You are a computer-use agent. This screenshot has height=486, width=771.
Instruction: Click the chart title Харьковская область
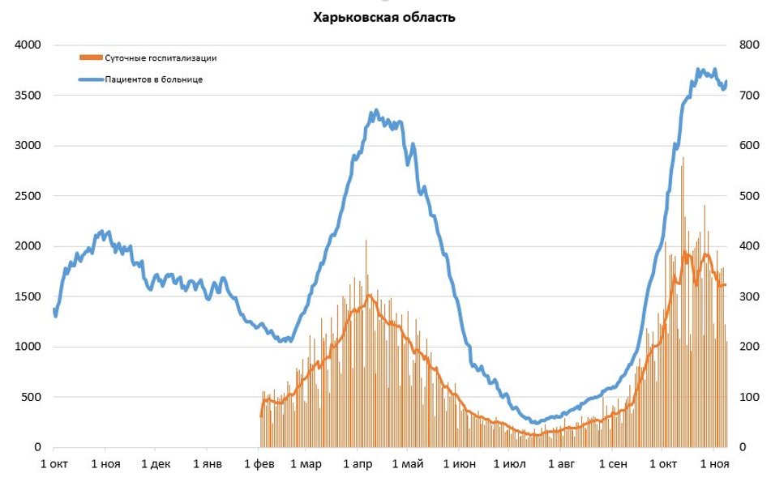pyautogui.click(x=384, y=17)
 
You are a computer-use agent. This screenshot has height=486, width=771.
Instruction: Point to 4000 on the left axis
pyautogui.click(x=28, y=45)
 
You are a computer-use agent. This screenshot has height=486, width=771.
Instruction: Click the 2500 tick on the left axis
pyautogui.click(x=28, y=196)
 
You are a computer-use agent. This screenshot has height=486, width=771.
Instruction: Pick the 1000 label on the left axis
pyautogui.click(x=28, y=347)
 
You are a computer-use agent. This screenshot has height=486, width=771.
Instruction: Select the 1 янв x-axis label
pyautogui.click(x=208, y=464)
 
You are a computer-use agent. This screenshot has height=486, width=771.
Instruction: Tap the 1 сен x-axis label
pyautogui.click(x=613, y=464)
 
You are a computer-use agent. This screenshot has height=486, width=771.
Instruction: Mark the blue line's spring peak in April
pyautogui.click(x=375, y=111)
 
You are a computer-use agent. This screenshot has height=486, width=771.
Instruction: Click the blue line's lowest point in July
pyautogui.click(x=535, y=422)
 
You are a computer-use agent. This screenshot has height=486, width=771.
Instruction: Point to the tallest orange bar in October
pyautogui.click(x=683, y=159)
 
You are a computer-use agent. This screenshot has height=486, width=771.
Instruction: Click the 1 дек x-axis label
pyautogui.click(x=156, y=464)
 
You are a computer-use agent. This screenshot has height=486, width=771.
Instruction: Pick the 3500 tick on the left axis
pyautogui.click(x=28, y=96)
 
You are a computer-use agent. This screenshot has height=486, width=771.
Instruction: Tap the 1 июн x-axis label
pyautogui.click(x=460, y=464)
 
